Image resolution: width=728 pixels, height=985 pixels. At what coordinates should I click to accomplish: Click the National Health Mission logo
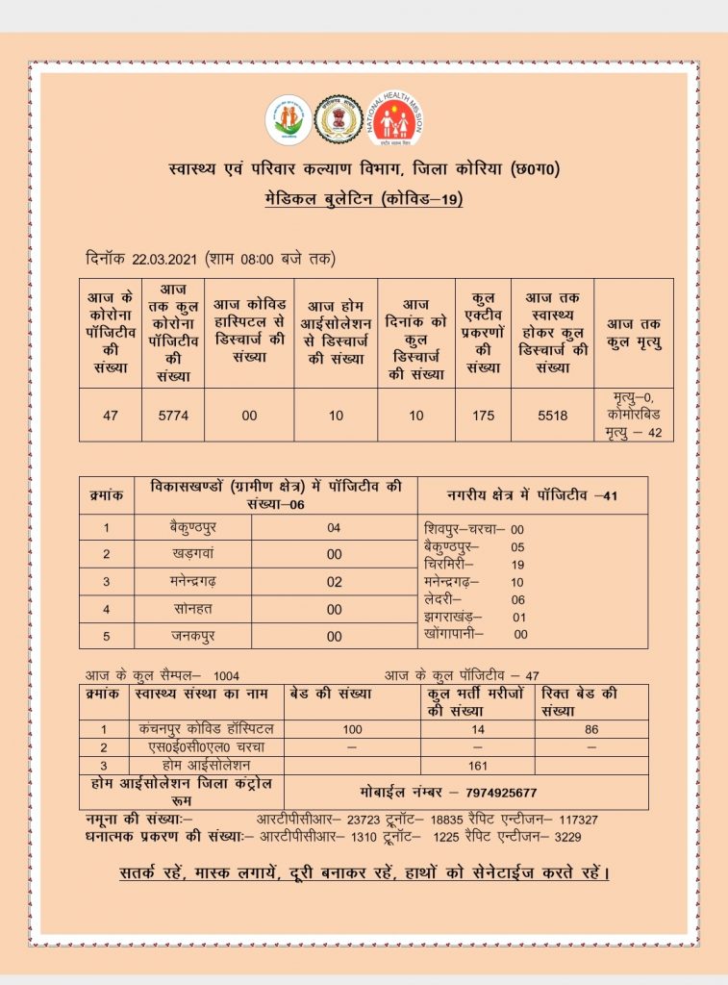(x=392, y=119)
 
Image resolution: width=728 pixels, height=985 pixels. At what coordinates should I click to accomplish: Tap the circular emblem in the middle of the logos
(x=337, y=119)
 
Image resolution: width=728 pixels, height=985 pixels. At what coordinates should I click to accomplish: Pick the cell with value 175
(x=484, y=416)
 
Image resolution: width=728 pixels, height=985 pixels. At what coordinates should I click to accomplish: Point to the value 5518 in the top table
(x=553, y=416)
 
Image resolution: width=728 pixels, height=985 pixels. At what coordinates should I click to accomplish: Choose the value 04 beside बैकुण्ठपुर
(x=334, y=528)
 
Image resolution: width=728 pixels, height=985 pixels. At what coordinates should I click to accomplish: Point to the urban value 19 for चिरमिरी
(x=517, y=565)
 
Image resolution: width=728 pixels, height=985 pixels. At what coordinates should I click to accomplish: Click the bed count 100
(x=352, y=729)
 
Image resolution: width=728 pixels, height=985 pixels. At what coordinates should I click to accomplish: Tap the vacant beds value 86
(x=591, y=729)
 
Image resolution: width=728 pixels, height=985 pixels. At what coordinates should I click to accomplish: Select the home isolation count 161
(x=477, y=766)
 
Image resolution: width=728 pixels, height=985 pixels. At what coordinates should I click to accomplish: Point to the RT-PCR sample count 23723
(x=361, y=820)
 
